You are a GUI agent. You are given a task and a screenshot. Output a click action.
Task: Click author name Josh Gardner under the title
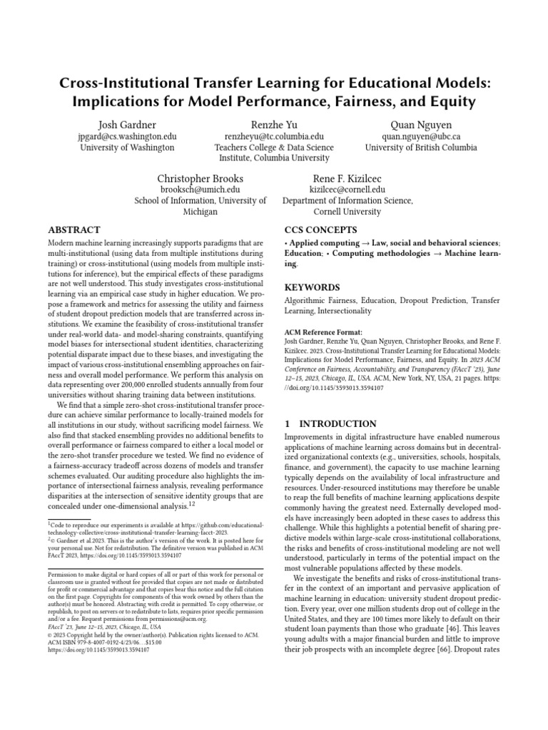pyautogui.click(x=127, y=125)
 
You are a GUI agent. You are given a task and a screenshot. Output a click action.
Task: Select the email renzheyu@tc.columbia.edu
pyautogui.click(x=274, y=136)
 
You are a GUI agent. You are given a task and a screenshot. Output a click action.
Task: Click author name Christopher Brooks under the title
pyautogui.click(x=201, y=178)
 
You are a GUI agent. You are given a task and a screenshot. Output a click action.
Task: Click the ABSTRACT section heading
pyautogui.click(x=73, y=230)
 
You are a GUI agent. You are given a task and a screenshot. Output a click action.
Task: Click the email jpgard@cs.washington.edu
pyautogui.click(x=127, y=136)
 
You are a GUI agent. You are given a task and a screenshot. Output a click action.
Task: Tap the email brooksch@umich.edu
pyautogui.click(x=201, y=190)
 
